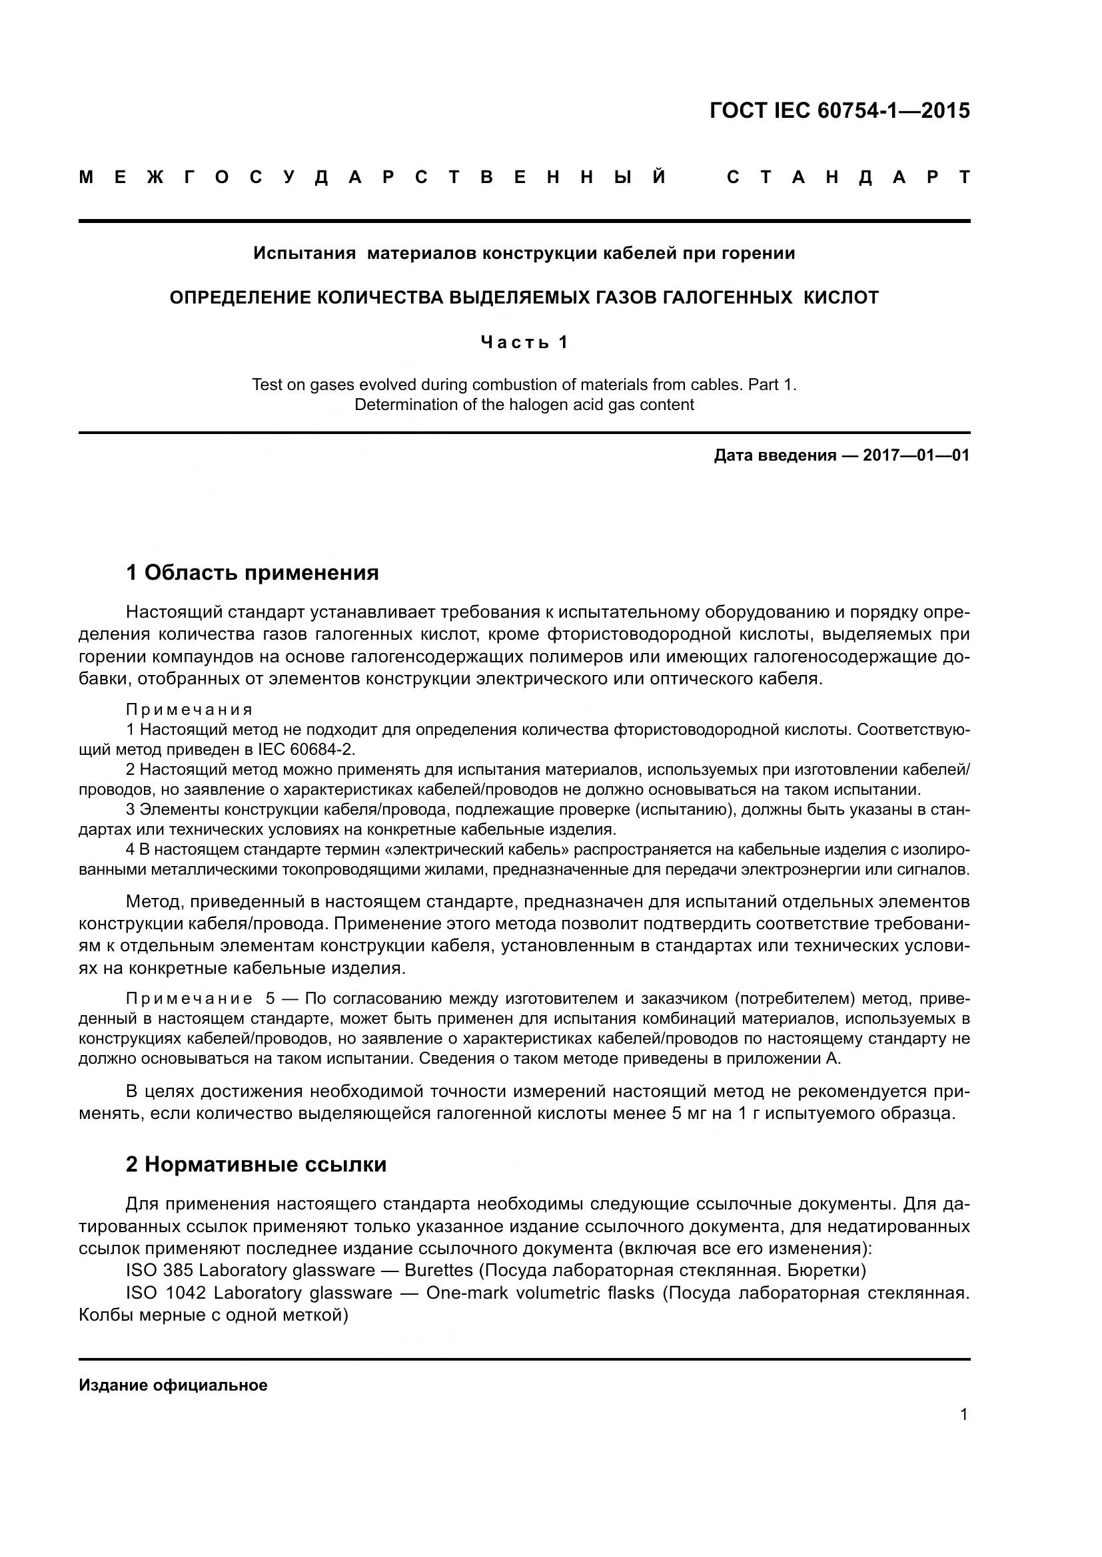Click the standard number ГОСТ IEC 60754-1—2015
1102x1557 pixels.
[x=839, y=111]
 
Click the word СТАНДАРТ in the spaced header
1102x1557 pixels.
[x=848, y=178]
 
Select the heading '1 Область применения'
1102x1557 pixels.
[x=253, y=573]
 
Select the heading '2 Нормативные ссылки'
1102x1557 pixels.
[x=257, y=1164]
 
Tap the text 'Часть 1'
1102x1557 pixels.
[x=524, y=342]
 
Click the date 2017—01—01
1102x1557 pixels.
[x=916, y=455]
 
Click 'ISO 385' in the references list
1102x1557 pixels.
[x=159, y=1269]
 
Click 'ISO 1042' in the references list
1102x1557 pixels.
[x=166, y=1293]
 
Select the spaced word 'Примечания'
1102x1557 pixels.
[x=189, y=710]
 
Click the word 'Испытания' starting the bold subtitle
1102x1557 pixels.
[x=304, y=254]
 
